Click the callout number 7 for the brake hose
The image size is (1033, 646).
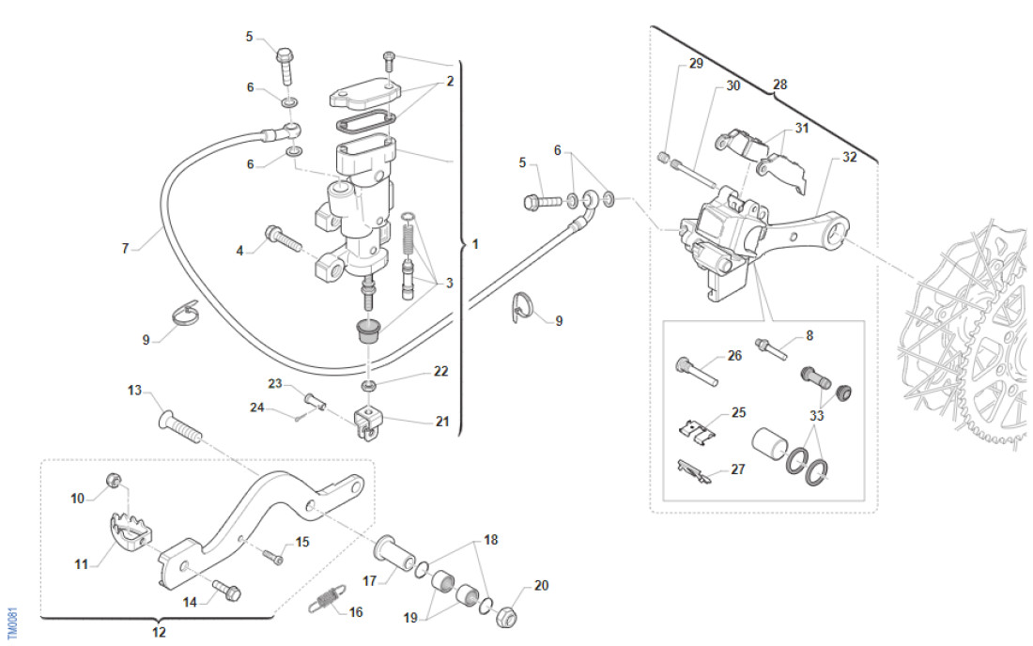click(x=125, y=249)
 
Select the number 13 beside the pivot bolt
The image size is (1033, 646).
click(x=134, y=390)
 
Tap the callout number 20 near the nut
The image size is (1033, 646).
click(x=541, y=586)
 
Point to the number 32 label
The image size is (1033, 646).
click(x=849, y=158)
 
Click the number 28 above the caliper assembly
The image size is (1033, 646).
click(x=779, y=85)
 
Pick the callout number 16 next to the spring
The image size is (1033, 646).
click(x=355, y=612)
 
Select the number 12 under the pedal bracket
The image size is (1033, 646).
click(x=159, y=633)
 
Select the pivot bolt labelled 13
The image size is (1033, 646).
click(x=182, y=428)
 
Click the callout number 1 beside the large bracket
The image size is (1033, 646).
click(x=475, y=244)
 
